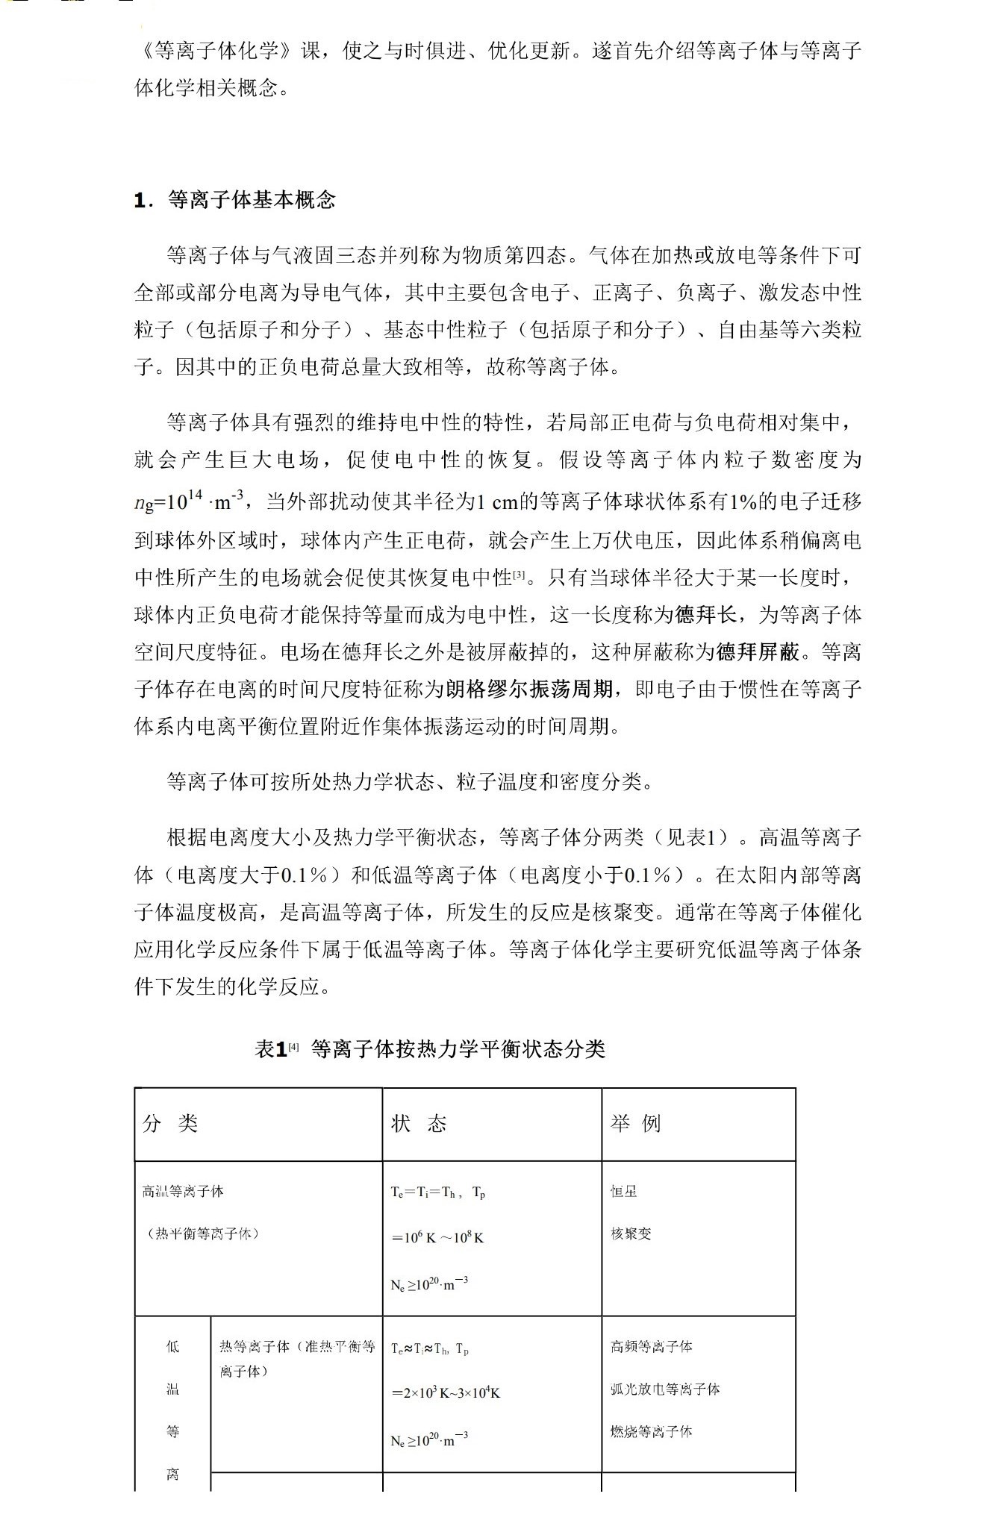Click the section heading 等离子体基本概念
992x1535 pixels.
pos(252,200)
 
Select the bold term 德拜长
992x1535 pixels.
pos(706,615)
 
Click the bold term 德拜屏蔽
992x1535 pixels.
pos(758,652)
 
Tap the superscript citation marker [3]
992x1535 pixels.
pos(519,575)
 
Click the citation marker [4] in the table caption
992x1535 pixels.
pos(293,1047)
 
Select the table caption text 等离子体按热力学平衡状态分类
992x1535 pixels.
pos(458,1050)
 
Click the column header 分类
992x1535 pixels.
pos(170,1124)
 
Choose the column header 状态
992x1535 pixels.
pos(419,1124)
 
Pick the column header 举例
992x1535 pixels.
pos(636,1124)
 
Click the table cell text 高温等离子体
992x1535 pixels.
pos(183,1192)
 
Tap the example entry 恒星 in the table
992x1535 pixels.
pos(624,1192)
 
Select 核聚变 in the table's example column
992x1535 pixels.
pos(631,1234)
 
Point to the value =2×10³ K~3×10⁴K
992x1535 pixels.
pos(446,1392)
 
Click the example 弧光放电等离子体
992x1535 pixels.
pos(665,1389)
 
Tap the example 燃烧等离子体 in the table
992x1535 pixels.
pos(652,1431)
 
